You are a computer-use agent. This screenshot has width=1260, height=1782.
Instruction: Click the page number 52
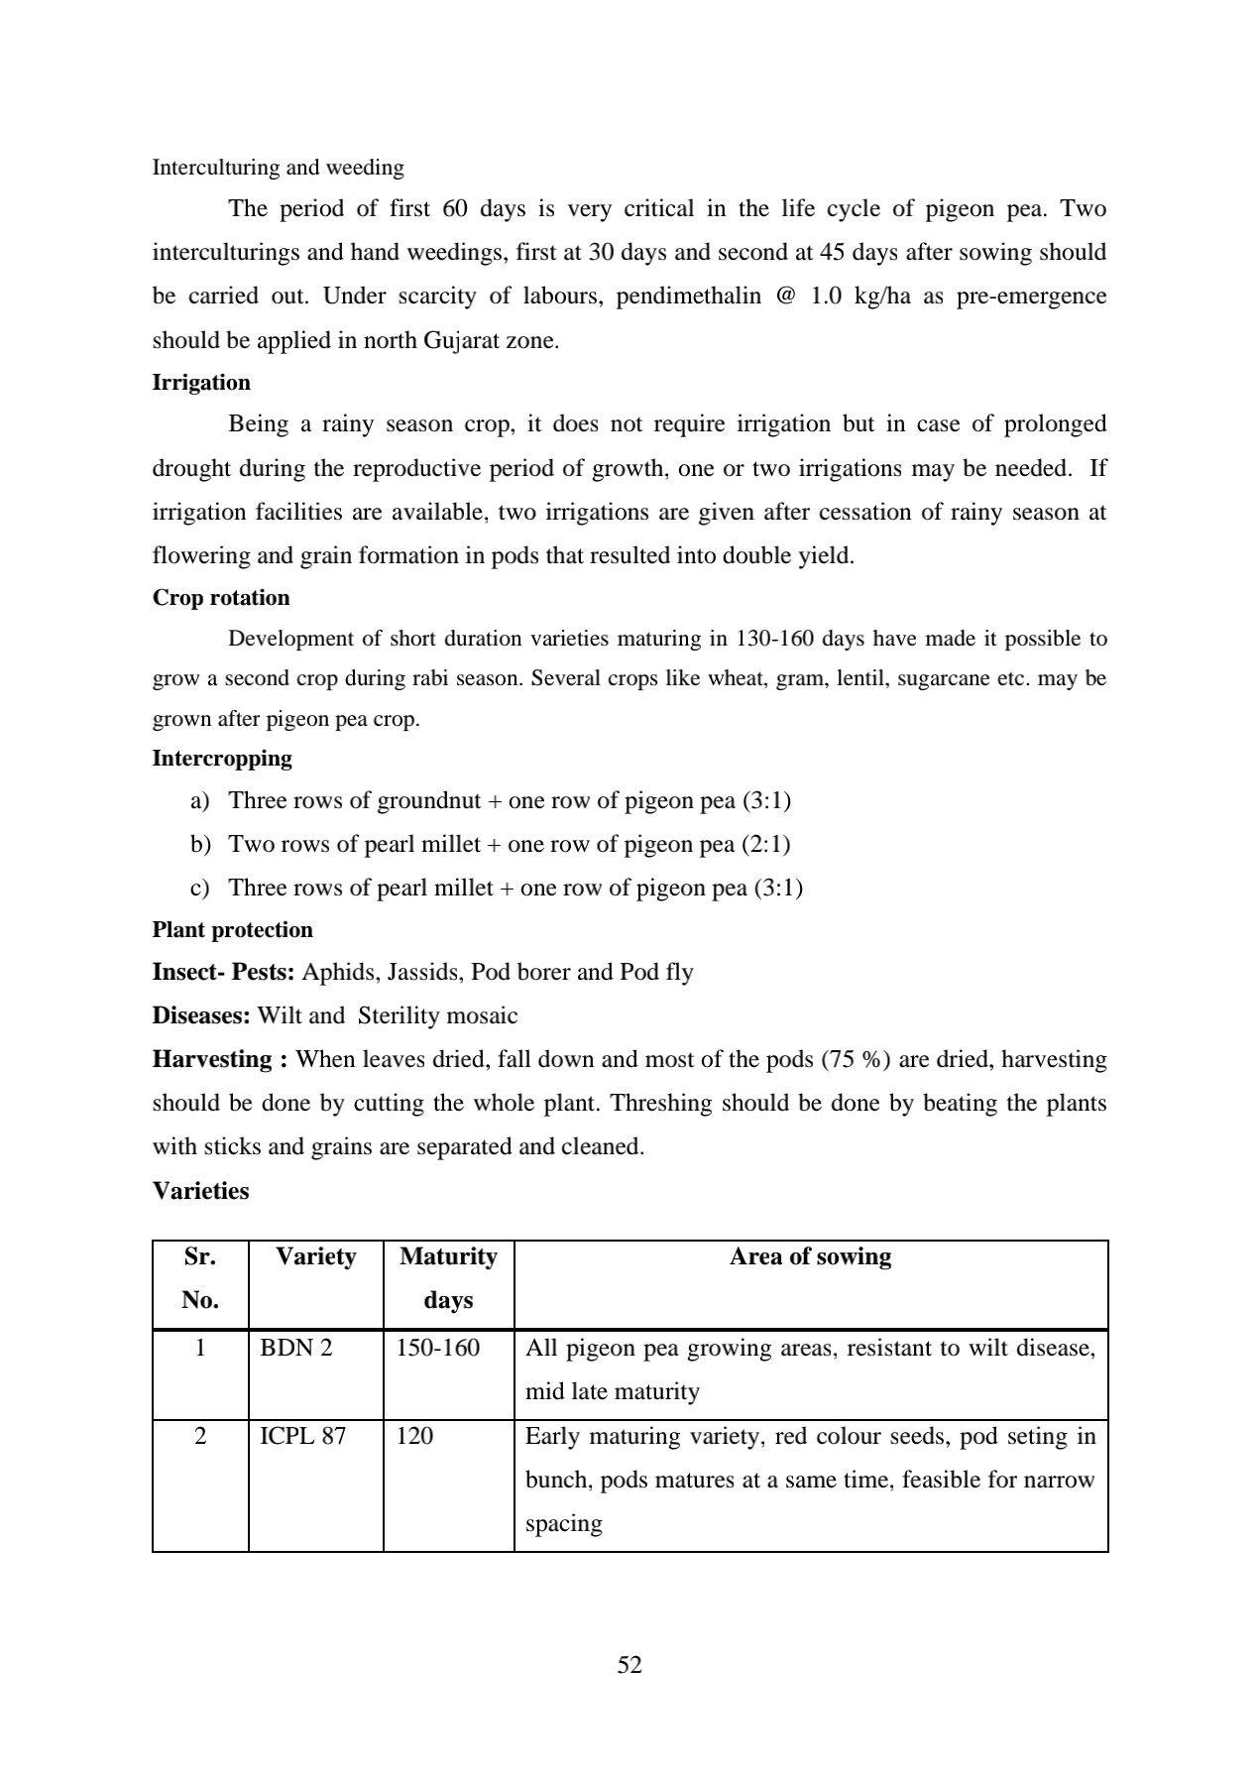coord(630,1665)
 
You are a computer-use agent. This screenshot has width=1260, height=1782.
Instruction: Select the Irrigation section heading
coord(201,383)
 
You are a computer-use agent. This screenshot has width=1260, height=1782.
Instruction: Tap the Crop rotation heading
coord(221,598)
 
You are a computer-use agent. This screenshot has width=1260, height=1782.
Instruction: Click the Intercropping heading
coord(222,759)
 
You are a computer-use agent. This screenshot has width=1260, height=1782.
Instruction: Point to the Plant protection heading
coord(232,930)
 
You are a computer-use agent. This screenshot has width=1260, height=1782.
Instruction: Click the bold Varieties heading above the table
coord(200,1191)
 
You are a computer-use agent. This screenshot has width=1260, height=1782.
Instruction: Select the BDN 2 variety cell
coord(295,1348)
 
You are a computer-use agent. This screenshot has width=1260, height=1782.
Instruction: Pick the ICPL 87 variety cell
coord(302,1436)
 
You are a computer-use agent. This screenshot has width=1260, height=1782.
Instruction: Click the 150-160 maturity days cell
coord(437,1348)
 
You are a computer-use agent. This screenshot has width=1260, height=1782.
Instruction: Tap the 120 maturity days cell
coord(414,1436)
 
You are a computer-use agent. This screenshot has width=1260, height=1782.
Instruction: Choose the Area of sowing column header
coord(810,1256)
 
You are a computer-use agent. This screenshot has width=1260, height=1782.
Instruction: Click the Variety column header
coord(315,1256)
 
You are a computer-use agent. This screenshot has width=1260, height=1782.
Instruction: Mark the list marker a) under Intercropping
coord(199,801)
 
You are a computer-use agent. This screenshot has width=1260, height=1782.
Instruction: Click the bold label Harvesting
coord(219,1059)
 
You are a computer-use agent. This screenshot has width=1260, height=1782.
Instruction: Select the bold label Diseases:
coord(201,1015)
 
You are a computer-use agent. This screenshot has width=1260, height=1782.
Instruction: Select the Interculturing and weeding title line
coord(278,168)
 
